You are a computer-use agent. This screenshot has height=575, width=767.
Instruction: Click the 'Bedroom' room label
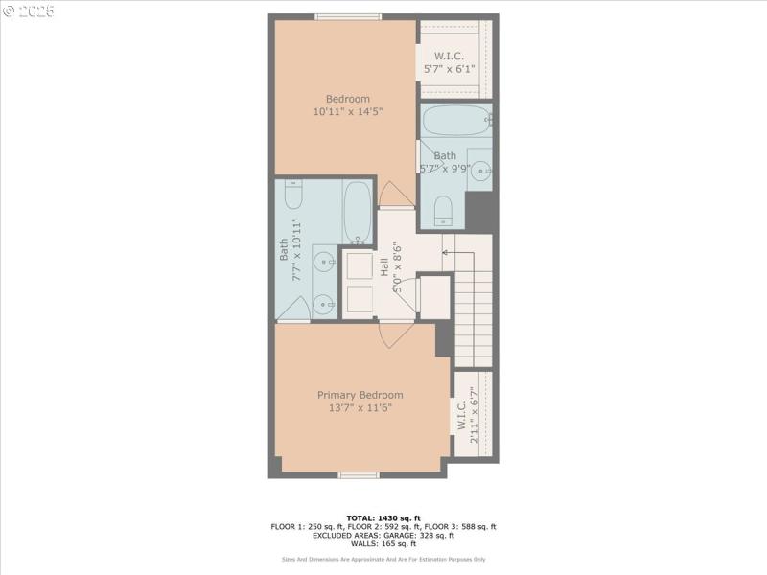(347, 99)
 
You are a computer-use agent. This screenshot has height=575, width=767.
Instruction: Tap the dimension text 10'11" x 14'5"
(347, 112)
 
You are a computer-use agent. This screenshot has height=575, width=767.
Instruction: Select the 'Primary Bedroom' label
(360, 395)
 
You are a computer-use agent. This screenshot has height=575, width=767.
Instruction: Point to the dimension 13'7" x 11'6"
(360, 407)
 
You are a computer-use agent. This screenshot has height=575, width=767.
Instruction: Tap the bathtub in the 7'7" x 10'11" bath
(358, 212)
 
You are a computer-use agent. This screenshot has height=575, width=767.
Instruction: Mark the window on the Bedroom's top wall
(348, 16)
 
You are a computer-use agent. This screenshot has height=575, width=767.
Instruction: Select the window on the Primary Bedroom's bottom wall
(358, 474)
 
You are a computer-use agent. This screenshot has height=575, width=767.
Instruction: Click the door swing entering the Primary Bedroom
(395, 334)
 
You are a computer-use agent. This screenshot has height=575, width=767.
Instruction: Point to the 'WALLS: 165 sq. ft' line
(383, 543)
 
